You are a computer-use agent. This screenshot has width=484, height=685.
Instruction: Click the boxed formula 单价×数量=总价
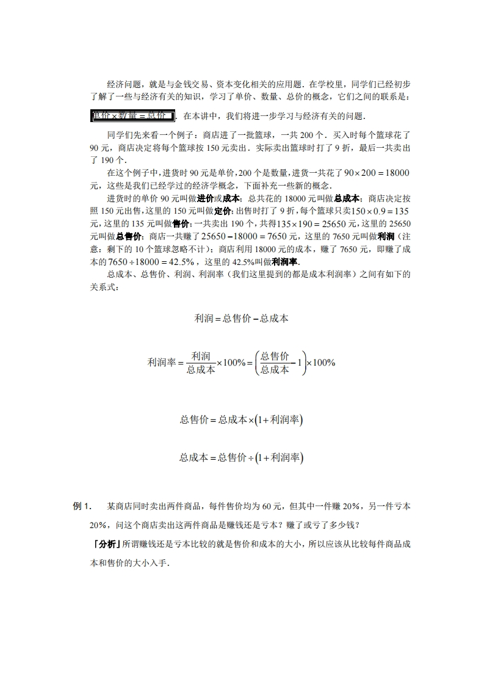pyautogui.click(x=132, y=116)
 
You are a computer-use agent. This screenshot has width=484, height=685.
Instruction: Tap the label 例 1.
pyautogui.click(x=81, y=506)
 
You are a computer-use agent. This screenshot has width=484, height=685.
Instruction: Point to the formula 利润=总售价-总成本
pyautogui.click(x=241, y=318)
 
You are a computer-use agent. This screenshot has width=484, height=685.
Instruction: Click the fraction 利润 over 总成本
pyautogui.click(x=200, y=362)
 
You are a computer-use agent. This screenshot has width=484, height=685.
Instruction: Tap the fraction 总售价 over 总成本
pyautogui.click(x=274, y=362)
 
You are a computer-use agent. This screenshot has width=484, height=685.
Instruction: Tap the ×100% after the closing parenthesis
pyautogui.click(x=320, y=362)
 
